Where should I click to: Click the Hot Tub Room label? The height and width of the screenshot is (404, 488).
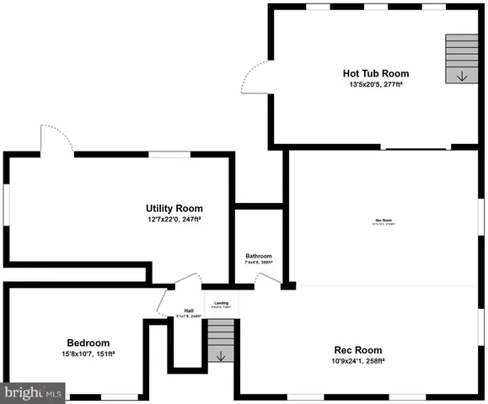point(375,73)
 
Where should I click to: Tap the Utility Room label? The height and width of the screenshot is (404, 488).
point(174,208)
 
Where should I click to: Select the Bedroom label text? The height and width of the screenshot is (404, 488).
point(88,343)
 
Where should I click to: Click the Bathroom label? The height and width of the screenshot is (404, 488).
point(259,256)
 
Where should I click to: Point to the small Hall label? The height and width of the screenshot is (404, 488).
point(190,311)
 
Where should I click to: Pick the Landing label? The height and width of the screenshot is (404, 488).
point(221,302)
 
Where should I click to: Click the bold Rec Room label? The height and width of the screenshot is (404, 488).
point(358,350)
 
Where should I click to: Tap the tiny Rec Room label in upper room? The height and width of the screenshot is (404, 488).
point(384,221)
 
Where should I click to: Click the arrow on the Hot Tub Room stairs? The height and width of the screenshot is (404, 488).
point(461,76)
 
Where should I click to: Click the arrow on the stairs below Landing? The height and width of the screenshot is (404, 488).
point(221,356)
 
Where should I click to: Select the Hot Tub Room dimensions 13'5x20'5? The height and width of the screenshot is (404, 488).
point(375,85)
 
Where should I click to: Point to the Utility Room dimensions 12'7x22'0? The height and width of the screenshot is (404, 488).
point(174,219)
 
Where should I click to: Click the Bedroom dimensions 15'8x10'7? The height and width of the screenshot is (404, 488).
point(88,353)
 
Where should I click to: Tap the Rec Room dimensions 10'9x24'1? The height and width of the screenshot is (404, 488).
point(358,361)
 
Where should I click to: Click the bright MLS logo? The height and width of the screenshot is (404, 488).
point(33,392)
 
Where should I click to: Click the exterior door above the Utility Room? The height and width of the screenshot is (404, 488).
point(52,139)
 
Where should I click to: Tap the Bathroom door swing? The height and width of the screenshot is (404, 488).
point(267,280)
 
